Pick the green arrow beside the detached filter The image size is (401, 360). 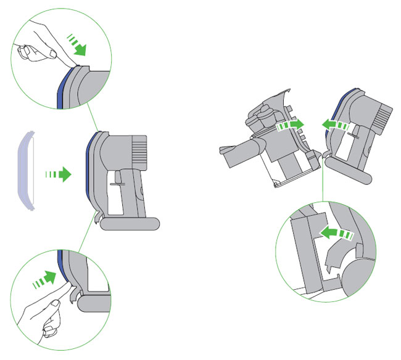[58, 175]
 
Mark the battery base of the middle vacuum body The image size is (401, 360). [129, 223]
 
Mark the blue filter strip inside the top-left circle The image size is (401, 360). [60, 86]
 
